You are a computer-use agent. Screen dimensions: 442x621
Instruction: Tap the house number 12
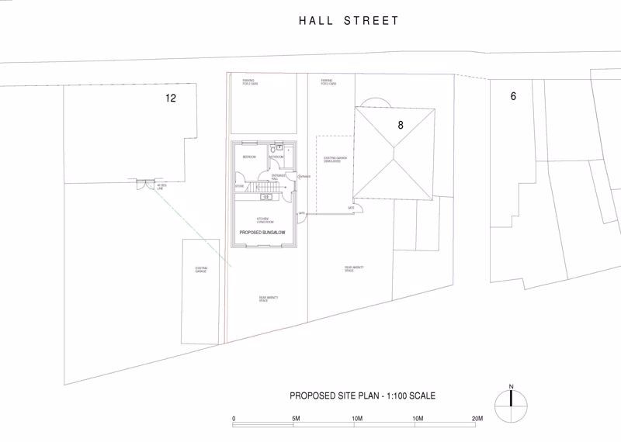pyautogui.click(x=171, y=98)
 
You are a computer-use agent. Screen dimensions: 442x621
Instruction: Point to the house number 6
pyautogui.click(x=512, y=96)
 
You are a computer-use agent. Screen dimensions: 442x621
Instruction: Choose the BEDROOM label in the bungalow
pyautogui.click(x=249, y=157)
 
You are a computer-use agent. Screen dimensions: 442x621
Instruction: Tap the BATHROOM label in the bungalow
pyautogui.click(x=277, y=157)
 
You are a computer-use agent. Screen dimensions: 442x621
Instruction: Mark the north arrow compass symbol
pyautogui.click(x=511, y=401)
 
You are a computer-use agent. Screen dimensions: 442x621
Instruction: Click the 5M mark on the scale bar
pyautogui.click(x=295, y=420)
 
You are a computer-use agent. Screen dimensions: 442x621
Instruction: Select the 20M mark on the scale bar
pyautogui.click(x=477, y=420)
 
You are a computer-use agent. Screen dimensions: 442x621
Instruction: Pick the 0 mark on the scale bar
pyautogui.click(x=234, y=420)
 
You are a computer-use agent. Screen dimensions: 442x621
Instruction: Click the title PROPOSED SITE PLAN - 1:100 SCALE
pyautogui.click(x=363, y=395)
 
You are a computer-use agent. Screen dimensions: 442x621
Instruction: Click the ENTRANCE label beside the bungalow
pyautogui.click(x=304, y=177)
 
